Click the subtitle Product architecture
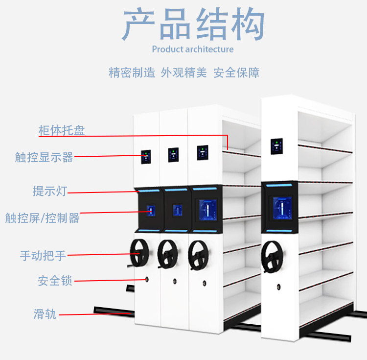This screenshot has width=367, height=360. point(193,49)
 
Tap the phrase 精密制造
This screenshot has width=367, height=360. point(132,72)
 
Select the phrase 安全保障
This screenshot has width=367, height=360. point(236,72)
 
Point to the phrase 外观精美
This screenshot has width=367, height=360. point(184,72)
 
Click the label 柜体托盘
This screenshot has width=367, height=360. point(62,130)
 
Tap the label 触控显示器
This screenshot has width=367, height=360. point(44,157)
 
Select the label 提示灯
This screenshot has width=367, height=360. point(49,191)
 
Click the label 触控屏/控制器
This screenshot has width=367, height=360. point(42,217)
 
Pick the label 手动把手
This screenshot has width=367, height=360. point(43,255)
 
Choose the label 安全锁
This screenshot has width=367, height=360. point(55,281)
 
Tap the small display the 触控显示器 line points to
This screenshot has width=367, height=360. point(146,157)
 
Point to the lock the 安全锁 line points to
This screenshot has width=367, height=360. point(146,279)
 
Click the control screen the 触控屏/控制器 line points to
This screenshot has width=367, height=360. point(151,212)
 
